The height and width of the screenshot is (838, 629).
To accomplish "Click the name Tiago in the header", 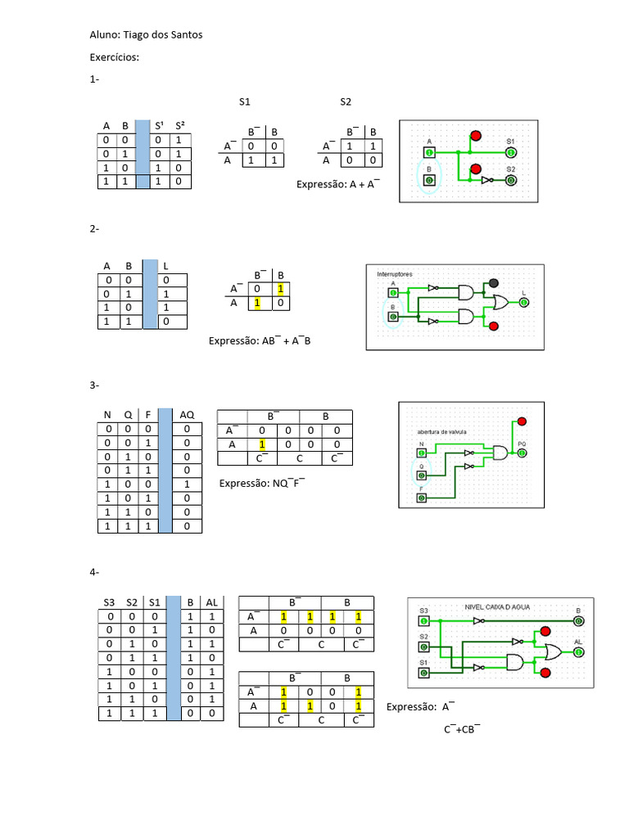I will point(138,35).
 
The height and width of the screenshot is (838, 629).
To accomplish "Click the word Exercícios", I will point(114,58).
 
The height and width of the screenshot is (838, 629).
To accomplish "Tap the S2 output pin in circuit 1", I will point(510,180).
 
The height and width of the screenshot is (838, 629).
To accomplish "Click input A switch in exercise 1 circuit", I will point(428,152).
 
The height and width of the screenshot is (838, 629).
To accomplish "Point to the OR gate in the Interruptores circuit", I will point(497,304).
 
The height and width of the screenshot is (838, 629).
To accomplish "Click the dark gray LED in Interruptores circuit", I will point(493,283).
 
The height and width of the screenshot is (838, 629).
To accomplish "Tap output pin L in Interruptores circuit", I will point(524,303).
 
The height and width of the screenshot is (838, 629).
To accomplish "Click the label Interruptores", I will point(396,273).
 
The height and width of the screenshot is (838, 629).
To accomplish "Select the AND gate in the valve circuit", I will point(498,452).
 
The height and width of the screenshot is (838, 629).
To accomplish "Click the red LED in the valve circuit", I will point(520,422).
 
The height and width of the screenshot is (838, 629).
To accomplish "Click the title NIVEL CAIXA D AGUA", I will point(497,606).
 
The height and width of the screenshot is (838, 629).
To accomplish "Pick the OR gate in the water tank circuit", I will point(548,652).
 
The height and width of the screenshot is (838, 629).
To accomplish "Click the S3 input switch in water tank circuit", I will point(423,621).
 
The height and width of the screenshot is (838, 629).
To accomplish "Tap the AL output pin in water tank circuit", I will point(579,652).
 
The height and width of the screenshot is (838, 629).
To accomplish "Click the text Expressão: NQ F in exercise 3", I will point(261,483).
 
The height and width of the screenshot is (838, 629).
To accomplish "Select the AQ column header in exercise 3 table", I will point(187,414).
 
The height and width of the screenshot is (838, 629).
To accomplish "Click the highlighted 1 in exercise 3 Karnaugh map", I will point(263,444).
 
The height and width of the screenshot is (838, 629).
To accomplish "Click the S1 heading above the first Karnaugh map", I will point(245,102).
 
